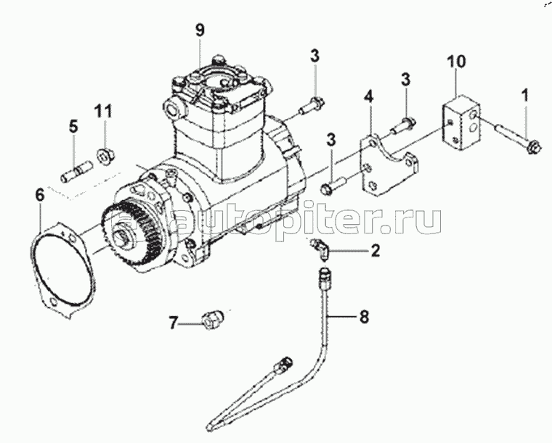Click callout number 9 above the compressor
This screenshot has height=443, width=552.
(x=200, y=30)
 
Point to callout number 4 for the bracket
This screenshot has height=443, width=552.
(x=369, y=96)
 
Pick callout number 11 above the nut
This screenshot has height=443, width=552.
(x=104, y=112)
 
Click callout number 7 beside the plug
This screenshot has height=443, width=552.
(x=173, y=323)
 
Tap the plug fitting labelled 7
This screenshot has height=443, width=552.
(x=212, y=320)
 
